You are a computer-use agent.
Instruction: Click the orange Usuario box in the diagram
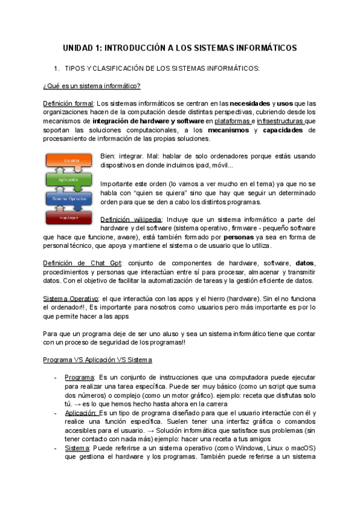click(x=68, y=161)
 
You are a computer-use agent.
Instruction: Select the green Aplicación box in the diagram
click(x=68, y=179)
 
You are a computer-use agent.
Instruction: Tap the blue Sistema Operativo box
click(x=68, y=199)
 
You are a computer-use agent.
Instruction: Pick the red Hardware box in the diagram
click(x=68, y=217)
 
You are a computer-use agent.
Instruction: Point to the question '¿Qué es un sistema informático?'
click(x=92, y=86)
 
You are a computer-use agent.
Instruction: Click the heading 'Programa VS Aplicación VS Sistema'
click(x=98, y=360)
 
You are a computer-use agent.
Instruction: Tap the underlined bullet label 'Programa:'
click(x=79, y=377)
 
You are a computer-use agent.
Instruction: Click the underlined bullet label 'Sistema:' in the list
click(x=77, y=448)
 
